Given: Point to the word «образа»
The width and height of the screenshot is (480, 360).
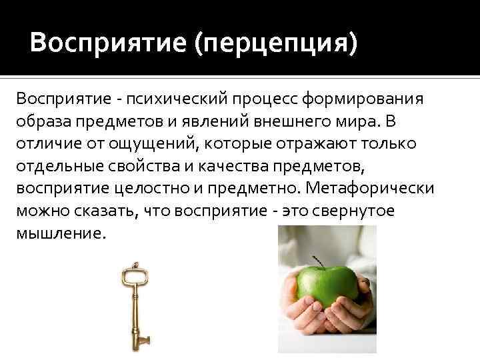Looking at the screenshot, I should click(42, 122).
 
